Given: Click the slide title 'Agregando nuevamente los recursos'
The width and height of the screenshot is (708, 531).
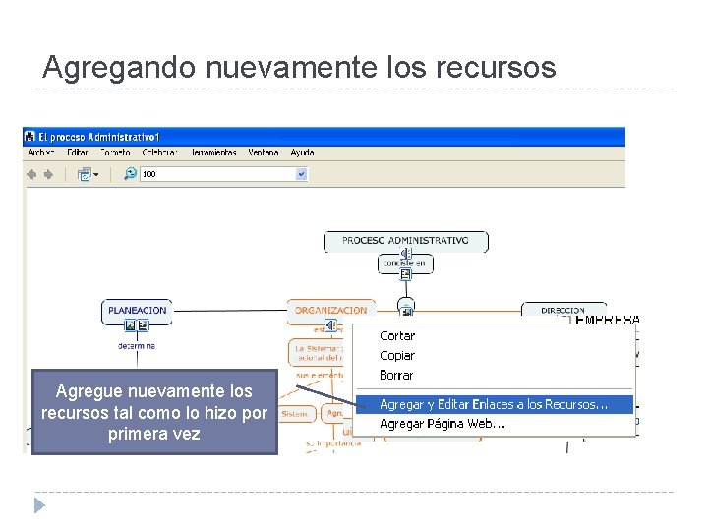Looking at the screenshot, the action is coord(299,67).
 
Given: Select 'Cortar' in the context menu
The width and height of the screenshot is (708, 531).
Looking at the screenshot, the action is coord(397,336).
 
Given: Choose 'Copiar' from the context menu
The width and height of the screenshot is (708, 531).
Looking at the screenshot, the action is coord(397,356).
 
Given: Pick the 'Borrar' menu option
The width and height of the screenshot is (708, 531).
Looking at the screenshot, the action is coord(396,376).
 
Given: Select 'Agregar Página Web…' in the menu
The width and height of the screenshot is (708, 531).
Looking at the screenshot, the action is coord(442,424).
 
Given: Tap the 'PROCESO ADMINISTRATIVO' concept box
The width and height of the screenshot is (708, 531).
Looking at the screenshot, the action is coord(405,241).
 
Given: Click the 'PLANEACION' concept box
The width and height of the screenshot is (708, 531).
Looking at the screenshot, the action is coord(138,311).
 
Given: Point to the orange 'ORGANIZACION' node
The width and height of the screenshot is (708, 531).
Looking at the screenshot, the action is coord(330,311).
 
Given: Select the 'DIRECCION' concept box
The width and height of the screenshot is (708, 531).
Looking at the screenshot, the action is coord(562,311).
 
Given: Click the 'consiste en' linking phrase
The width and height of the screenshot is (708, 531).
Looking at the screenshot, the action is coord(404,263).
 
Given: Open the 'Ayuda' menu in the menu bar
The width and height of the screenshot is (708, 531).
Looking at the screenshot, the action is coord(302,153).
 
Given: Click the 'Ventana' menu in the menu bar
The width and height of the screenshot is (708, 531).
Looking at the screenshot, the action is coord(264,153).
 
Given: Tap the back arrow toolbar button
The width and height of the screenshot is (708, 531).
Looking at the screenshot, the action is coord(32,174).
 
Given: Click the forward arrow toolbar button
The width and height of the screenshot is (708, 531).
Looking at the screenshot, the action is coord(49,174).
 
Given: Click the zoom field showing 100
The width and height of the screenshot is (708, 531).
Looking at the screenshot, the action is coord(216,174).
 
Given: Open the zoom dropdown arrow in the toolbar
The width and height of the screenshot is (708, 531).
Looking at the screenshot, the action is coord(301,174).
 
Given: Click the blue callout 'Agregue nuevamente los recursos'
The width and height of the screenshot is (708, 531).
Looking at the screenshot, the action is coord(154,412).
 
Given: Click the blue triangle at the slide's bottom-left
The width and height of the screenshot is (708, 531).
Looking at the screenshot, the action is coord(38,505).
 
